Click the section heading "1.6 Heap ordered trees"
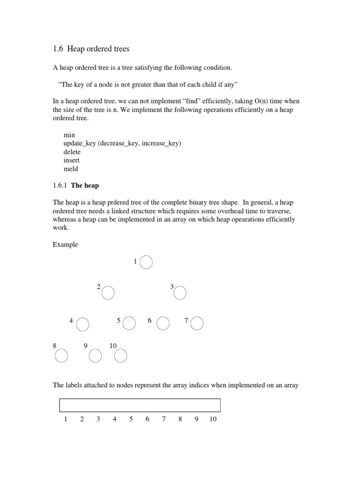pos(91,49)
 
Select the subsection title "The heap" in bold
pos(85,185)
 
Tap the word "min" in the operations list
pos(69,135)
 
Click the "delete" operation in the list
pos(72,152)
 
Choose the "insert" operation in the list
pos(71,160)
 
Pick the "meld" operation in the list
pos(71,169)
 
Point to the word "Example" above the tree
pos(65,245)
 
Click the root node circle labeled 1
pos(146,262)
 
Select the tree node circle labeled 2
pos(108,293)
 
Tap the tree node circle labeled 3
pos(180,293)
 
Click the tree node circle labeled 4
pos(82,324)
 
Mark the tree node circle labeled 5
pos(129,323)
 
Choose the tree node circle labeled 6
pos(163,323)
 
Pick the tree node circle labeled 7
pos(197,323)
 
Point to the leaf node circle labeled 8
pos(61,356)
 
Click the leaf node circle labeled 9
pos(95,356)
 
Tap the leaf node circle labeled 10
pos(121,356)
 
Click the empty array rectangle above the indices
pos(140,405)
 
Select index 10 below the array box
pos(213,419)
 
